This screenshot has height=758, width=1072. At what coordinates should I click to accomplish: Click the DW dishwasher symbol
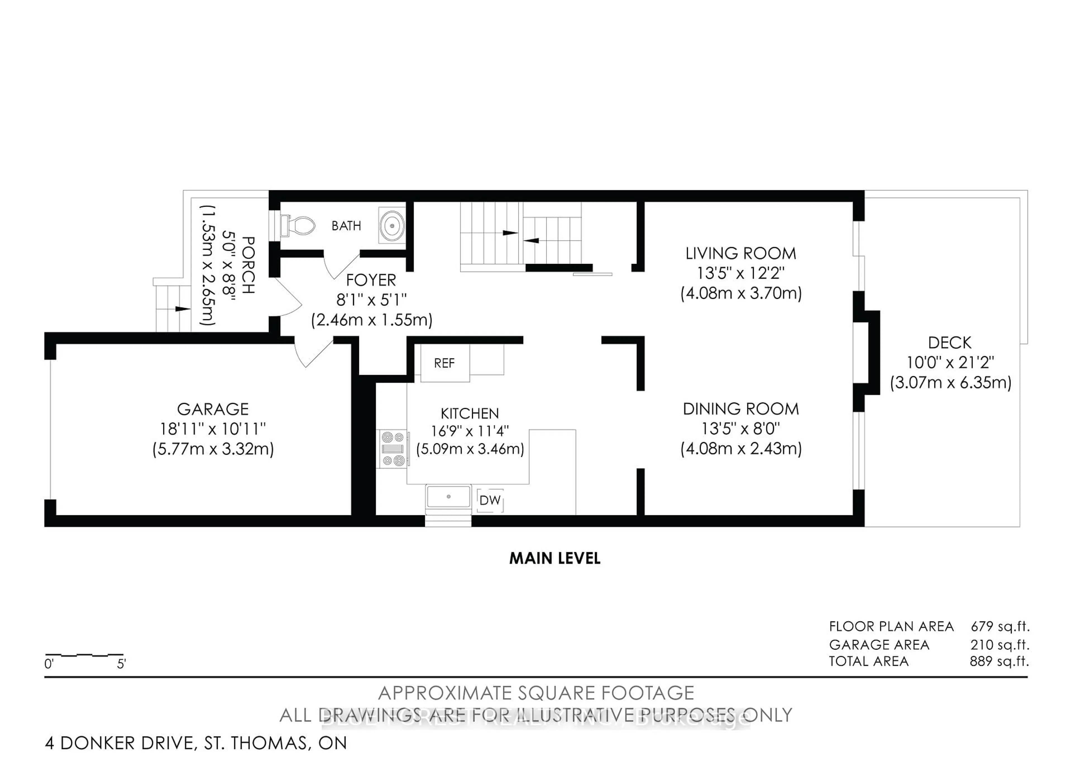[490, 500]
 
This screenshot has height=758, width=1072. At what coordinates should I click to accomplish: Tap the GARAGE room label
[213, 409]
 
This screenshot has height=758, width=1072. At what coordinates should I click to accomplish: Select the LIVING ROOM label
[741, 254]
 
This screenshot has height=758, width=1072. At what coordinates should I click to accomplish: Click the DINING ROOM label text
[741, 409]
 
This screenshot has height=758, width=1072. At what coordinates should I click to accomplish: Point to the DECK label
[950, 343]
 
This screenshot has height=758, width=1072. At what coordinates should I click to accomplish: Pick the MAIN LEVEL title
[555, 558]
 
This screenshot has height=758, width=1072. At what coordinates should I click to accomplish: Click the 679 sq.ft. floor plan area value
[1000, 626]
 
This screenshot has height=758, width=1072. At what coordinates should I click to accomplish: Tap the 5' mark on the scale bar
[121, 664]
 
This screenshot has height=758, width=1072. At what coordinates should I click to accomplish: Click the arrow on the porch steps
[182, 309]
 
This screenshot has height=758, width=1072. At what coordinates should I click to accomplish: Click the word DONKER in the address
[126, 743]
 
